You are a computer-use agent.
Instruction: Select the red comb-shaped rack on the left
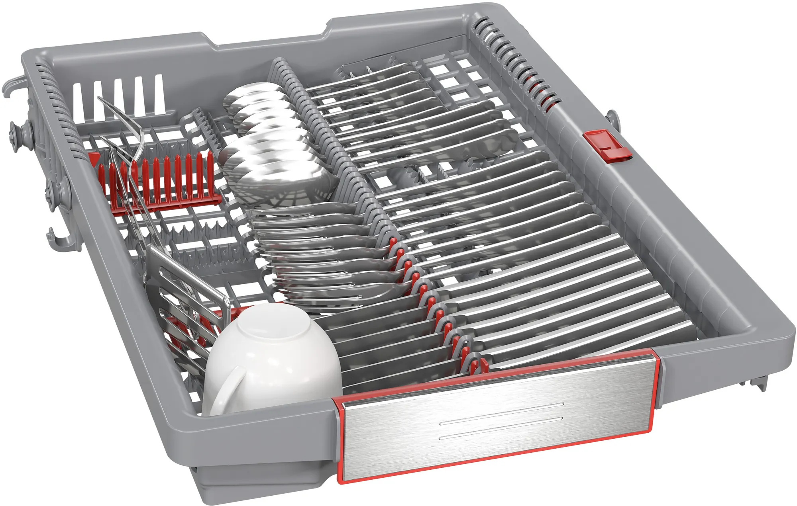(x=159, y=179)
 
